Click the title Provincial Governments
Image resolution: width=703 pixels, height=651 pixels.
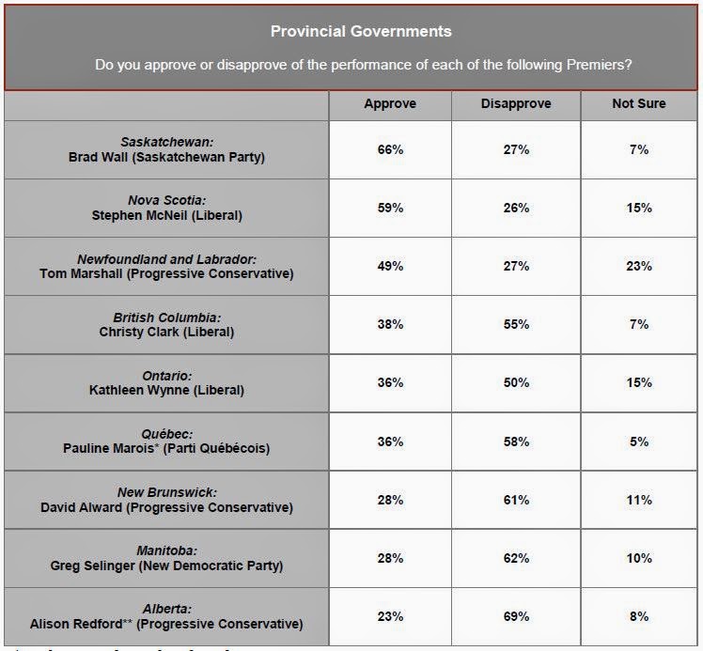361,31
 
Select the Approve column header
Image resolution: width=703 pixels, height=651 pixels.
390,103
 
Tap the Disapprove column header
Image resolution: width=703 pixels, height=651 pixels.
516,103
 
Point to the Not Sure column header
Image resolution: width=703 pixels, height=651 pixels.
639,103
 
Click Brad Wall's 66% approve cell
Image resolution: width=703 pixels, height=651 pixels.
390,149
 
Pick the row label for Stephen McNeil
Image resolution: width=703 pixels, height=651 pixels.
166,215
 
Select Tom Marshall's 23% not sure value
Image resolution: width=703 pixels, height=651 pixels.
639,266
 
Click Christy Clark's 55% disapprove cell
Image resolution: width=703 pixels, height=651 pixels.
516,324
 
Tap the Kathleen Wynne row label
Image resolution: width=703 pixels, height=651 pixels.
166,390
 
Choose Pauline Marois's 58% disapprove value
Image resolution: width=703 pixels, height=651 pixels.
516,442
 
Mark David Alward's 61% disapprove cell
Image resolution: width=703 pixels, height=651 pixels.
516,500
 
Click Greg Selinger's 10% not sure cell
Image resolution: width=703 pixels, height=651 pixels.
639,558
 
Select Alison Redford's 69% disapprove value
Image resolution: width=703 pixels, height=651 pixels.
516,616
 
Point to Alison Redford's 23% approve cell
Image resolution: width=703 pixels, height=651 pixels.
390,616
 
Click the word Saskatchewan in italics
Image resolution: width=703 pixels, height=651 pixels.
166,142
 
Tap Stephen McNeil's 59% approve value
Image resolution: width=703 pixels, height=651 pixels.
390,208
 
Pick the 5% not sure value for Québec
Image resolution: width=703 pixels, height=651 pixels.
639,442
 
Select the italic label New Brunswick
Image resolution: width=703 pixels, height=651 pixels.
166,492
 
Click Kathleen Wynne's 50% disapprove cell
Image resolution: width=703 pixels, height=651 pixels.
516,382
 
